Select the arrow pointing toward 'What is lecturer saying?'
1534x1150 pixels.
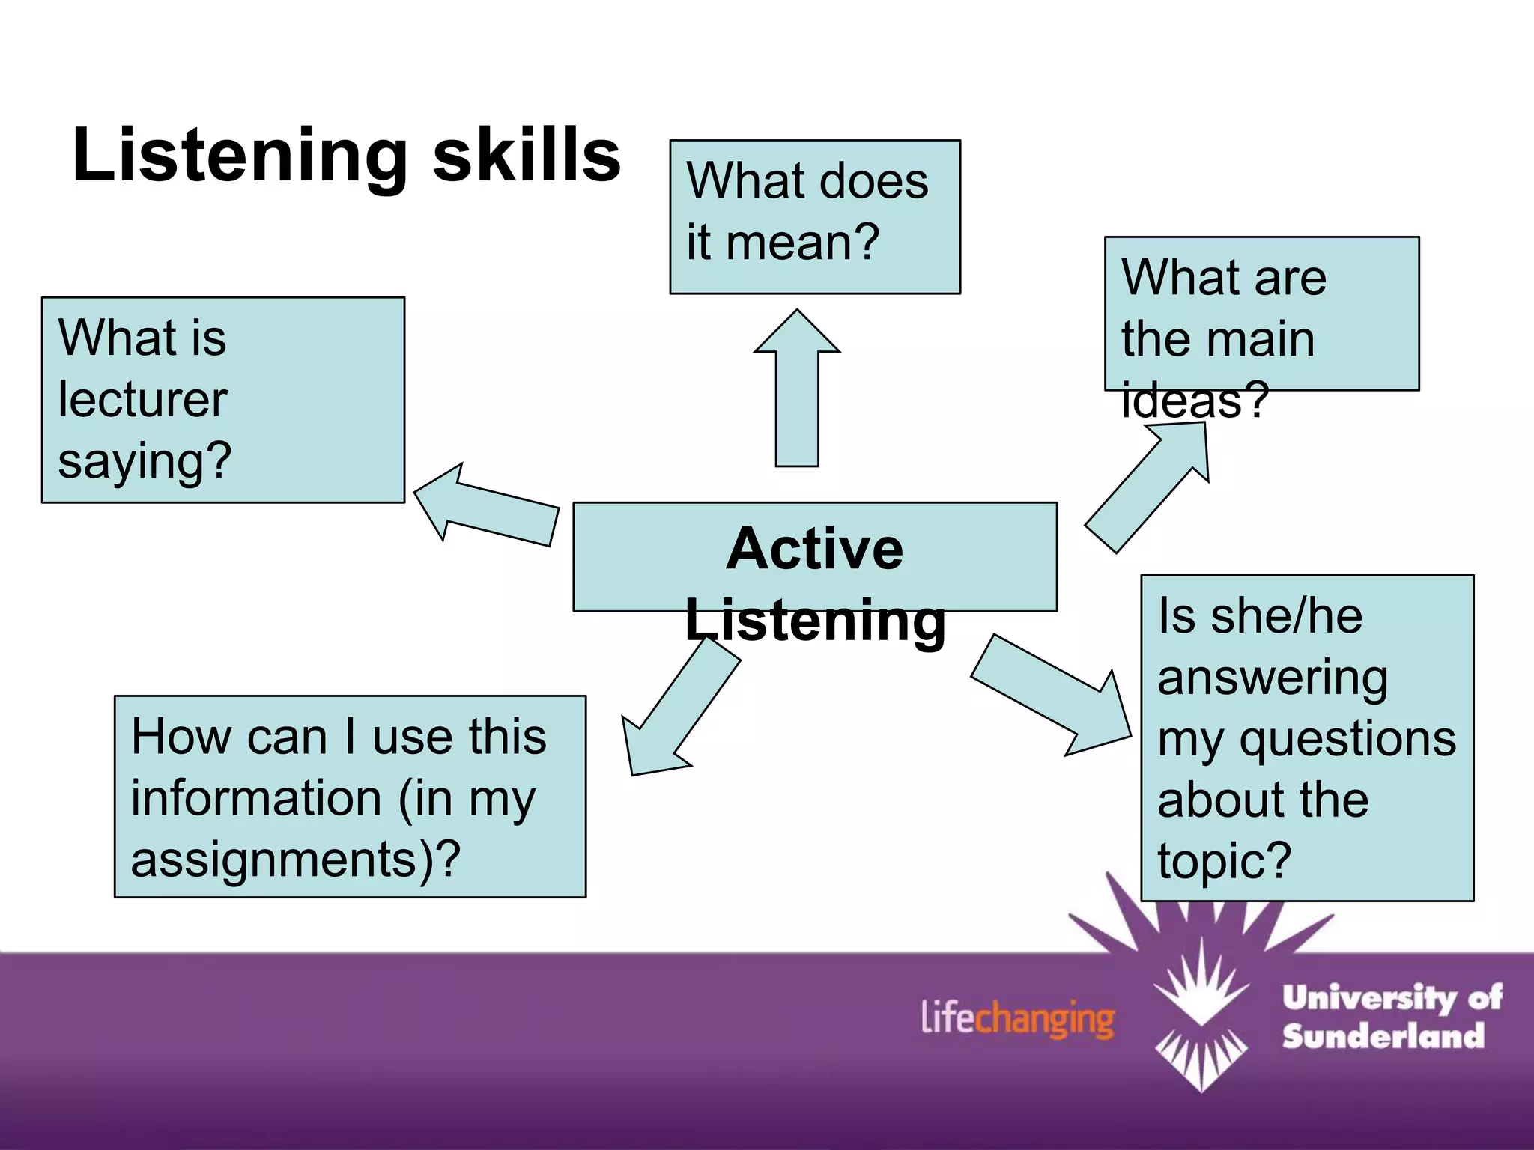[x=487, y=505]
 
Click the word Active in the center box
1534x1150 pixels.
[x=815, y=549]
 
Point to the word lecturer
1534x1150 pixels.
[x=142, y=399]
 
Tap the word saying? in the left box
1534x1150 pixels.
[x=145, y=461]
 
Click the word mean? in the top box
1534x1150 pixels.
[x=802, y=243]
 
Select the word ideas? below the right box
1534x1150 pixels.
[x=1195, y=400]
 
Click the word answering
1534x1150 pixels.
[x=1272, y=678]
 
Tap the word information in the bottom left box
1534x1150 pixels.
[x=256, y=798]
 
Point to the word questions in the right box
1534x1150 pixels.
[x=1347, y=740]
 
